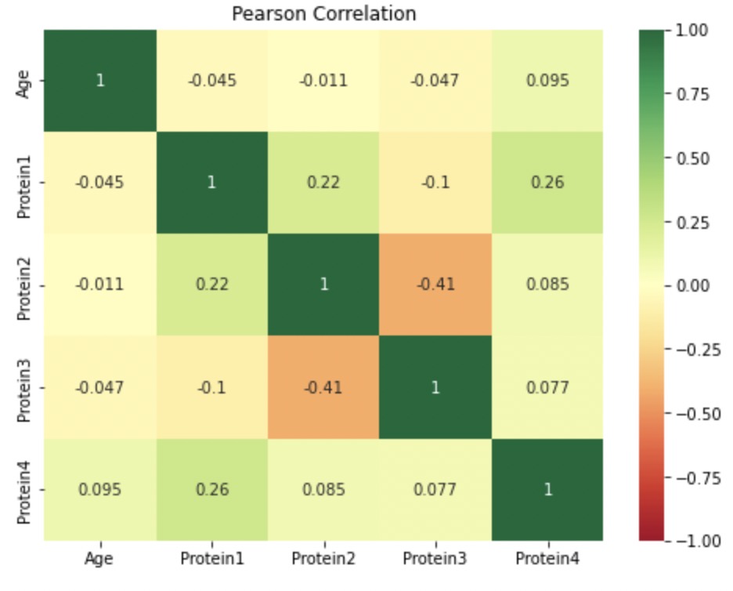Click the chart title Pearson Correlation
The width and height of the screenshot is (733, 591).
tap(323, 13)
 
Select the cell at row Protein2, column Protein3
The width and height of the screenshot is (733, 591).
tap(435, 285)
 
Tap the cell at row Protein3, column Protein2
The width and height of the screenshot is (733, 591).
tap(323, 387)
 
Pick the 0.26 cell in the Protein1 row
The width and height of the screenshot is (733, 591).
tap(547, 183)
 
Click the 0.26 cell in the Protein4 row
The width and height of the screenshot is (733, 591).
tap(211, 489)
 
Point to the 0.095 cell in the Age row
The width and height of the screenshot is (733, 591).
tap(547, 81)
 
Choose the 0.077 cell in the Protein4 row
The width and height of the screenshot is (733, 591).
tap(435, 489)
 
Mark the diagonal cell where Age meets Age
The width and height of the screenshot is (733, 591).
tap(99, 81)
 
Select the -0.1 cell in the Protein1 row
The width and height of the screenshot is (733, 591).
tap(435, 183)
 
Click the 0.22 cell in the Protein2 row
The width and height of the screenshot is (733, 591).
tap(211, 285)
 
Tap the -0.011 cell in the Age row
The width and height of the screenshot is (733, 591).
tap(323, 81)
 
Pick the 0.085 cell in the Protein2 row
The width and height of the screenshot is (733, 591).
tap(547, 285)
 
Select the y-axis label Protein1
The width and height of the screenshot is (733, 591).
tap(25, 183)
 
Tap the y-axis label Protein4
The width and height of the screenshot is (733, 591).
tap(25, 489)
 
